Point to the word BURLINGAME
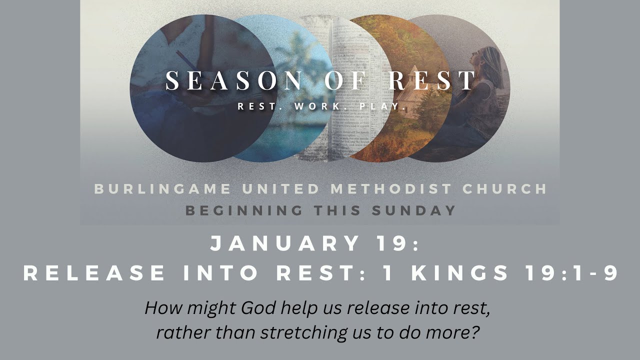click(162, 189)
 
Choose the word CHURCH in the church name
click(505, 189)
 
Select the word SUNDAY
click(414, 210)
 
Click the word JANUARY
click(285, 244)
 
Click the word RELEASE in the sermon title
click(94, 273)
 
